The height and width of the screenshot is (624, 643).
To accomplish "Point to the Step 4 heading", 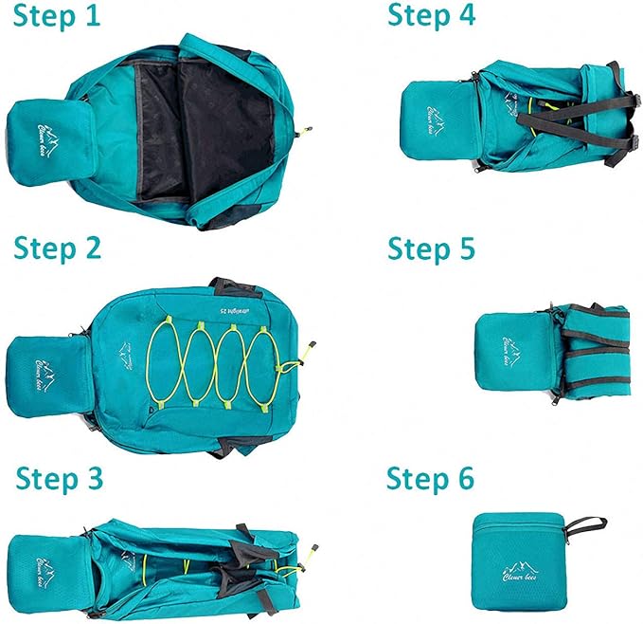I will coord(431,16).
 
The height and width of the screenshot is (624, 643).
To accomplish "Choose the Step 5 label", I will coord(431,248).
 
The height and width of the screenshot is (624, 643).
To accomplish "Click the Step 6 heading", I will coord(430,479).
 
